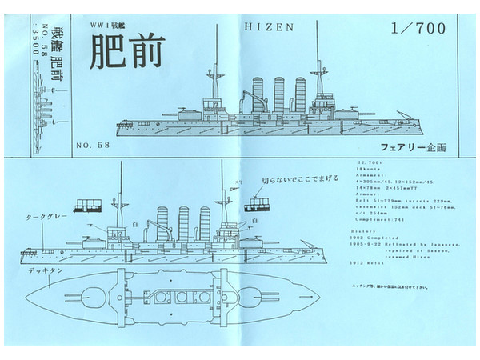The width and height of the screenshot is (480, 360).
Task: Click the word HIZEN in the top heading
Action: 268,26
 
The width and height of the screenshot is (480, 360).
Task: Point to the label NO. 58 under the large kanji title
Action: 93,146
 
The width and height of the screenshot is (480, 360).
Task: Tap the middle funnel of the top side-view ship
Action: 279,94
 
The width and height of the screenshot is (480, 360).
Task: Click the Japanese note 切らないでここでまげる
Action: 295,182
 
